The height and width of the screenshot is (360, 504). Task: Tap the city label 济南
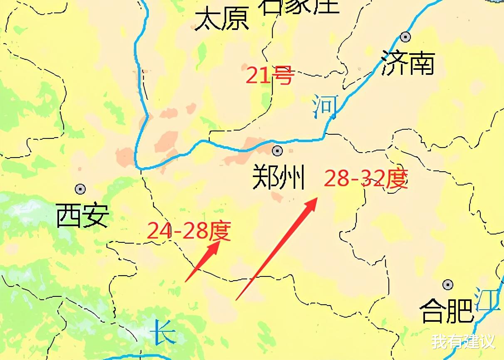[408, 64]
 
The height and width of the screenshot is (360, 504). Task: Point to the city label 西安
[83, 215]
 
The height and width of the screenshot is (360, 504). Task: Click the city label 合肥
[446, 311]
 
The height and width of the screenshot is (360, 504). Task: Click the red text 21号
[270, 75]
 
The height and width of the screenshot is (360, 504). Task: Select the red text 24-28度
[189, 231]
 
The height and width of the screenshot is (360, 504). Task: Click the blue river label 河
[326, 106]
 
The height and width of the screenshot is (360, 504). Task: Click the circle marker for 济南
[405, 37]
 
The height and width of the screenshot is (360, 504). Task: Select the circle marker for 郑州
[277, 150]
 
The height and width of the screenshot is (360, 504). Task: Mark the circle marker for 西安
[80, 189]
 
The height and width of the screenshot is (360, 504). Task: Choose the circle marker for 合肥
[448, 285]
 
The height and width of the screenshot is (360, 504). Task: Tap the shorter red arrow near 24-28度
[203, 261]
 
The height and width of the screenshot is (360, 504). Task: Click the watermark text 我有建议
[463, 342]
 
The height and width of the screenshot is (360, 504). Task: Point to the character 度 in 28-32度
[395, 179]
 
